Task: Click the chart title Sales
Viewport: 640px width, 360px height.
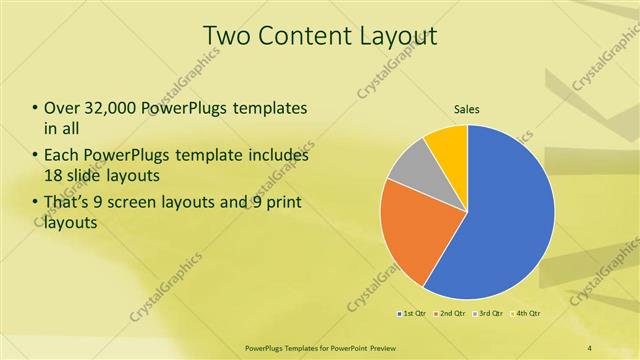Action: click(466, 109)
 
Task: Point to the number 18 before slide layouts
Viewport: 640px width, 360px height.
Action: click(52, 176)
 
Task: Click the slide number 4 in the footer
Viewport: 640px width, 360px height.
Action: click(589, 346)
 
